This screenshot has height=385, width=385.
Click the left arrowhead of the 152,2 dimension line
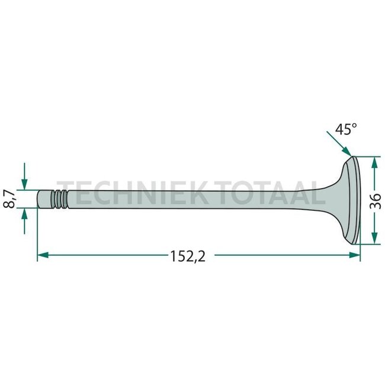pos(41,255)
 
